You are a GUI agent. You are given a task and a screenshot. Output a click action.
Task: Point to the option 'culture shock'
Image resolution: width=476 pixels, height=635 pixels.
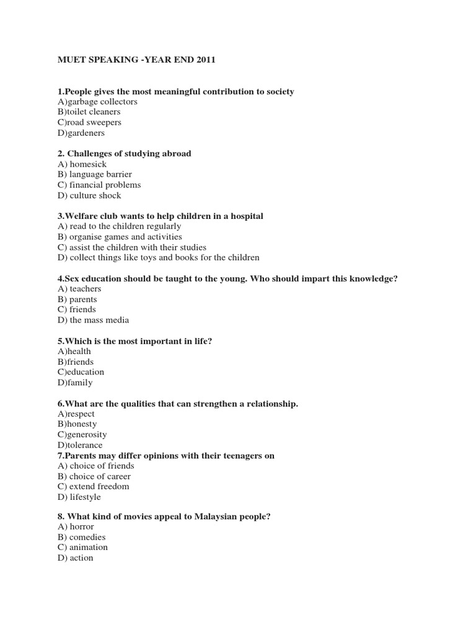coord(89,196)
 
